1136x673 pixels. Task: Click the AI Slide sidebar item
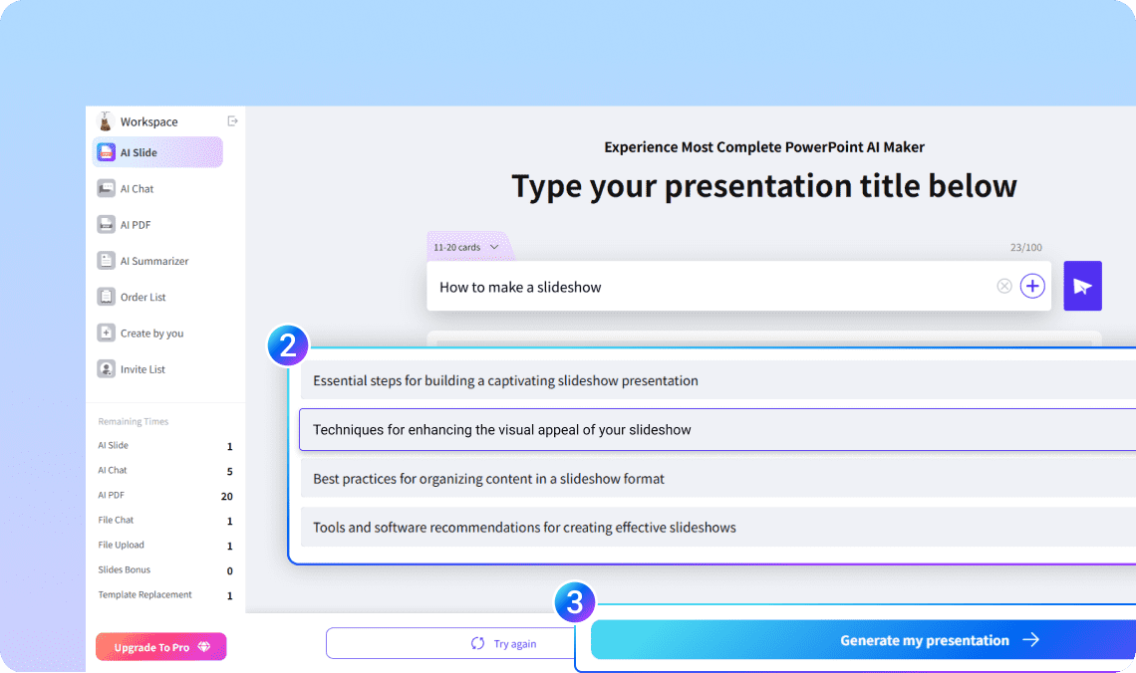pos(157,152)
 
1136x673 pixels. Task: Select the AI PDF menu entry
pos(124,225)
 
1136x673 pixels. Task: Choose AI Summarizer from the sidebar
pos(142,261)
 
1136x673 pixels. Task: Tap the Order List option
pos(132,297)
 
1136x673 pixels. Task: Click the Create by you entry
pos(140,333)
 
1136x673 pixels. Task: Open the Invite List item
pos(132,369)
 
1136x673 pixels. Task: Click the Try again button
pos(450,643)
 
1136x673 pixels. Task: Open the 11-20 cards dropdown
pos(466,248)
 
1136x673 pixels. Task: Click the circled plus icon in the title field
pos(1032,286)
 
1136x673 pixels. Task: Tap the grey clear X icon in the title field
pos(1004,286)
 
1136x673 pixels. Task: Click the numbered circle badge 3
pos(575,602)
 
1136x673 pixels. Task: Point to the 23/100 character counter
pos(1025,248)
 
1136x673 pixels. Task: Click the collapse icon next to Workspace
pos(232,120)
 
